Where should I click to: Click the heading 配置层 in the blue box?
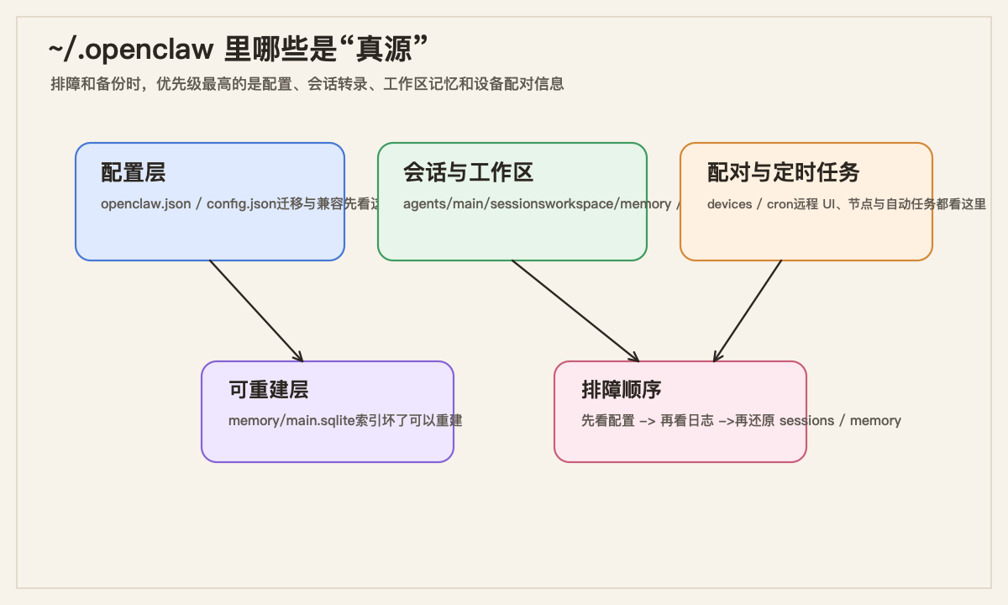133,173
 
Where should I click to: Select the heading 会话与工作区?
468,173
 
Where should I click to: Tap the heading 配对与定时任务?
783,173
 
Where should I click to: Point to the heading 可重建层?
268,390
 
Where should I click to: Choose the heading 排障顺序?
621,390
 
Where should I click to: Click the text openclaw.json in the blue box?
145,204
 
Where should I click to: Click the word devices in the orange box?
729,204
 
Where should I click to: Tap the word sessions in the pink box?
806,421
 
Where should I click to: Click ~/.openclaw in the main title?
131,50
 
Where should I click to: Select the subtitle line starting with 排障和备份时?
307,84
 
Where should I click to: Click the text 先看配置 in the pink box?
608,421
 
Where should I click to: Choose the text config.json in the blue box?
241,204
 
